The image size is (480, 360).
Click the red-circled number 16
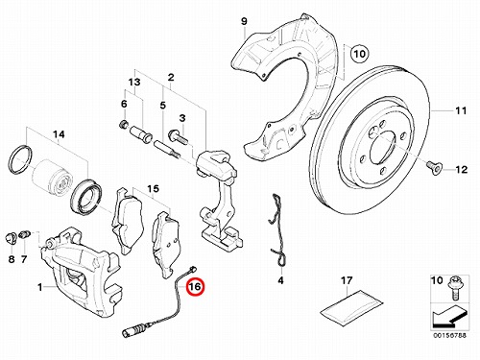point(195,286)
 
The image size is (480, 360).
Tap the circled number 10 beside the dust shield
point(360,54)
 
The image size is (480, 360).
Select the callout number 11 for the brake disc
point(461,110)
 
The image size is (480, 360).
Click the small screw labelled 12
point(434,167)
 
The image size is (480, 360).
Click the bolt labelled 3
point(178,135)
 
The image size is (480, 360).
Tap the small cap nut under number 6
point(123,124)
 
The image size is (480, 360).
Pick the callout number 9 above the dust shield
point(244,22)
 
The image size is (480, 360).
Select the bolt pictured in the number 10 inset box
point(454,287)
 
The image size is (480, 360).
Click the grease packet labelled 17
point(351,307)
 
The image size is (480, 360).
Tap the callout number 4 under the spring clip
point(280,280)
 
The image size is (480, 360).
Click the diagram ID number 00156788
point(449,335)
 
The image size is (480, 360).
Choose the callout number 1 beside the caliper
point(39,287)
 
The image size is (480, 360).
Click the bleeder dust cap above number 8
point(11,238)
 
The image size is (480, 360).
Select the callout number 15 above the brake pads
point(153,189)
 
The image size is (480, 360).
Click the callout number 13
point(134,82)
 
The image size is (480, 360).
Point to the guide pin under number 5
point(168,150)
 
